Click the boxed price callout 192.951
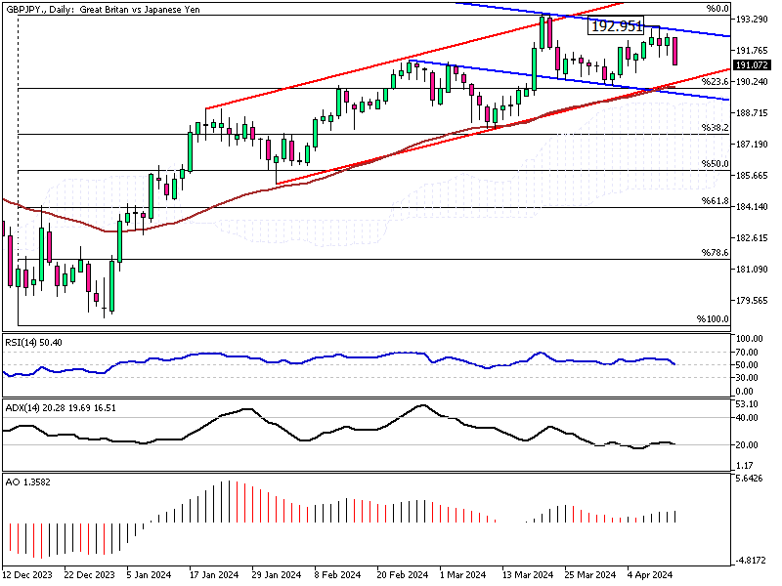click(x=616, y=26)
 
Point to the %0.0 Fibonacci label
click(x=719, y=9)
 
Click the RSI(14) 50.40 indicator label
click(x=34, y=343)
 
